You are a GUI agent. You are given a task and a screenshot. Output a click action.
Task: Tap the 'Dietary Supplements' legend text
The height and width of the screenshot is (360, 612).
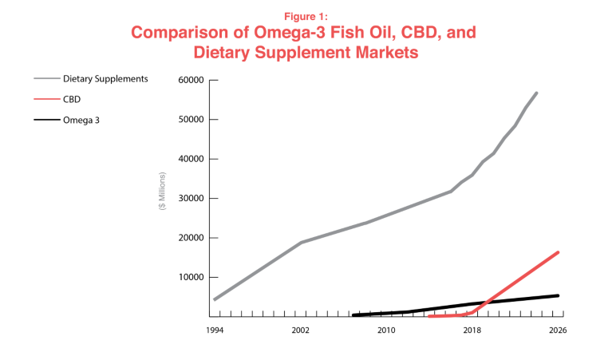pos(105,80)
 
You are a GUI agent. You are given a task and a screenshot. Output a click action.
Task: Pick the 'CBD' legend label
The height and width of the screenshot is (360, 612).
pos(72,101)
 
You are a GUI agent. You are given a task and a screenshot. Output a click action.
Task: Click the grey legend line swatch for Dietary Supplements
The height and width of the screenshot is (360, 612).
pos(45,80)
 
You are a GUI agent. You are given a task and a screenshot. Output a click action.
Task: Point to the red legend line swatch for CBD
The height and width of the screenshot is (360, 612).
pos(45,101)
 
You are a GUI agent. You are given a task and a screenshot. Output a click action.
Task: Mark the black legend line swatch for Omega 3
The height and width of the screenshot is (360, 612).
pos(45,121)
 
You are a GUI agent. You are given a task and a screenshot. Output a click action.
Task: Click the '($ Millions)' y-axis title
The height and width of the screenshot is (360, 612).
pos(163,191)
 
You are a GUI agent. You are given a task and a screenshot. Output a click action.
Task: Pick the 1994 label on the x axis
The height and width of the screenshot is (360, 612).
pos(214,330)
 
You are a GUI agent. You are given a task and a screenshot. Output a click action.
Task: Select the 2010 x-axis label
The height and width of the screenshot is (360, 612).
pos(386,330)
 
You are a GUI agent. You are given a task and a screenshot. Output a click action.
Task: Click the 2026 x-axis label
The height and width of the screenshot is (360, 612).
pos(558,330)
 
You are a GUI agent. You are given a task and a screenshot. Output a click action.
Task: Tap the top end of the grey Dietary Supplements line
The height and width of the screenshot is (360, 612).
pos(536,93)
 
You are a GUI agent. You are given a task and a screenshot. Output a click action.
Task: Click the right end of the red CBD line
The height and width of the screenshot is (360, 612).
pos(558,252)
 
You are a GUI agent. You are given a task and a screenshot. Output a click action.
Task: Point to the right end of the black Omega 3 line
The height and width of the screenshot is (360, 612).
pos(558,295)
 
